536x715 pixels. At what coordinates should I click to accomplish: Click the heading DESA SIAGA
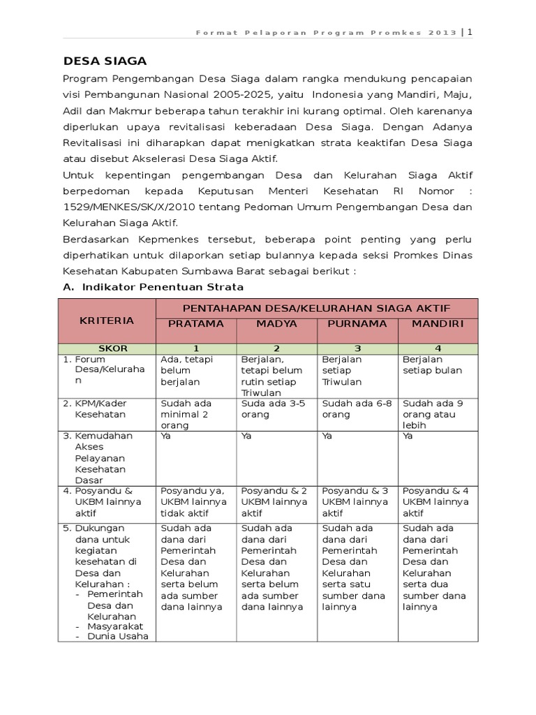[x=105, y=61]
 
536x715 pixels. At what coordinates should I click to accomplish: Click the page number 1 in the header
[x=470, y=32]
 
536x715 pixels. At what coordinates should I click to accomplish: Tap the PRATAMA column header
[x=195, y=324]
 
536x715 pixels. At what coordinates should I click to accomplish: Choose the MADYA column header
[x=276, y=324]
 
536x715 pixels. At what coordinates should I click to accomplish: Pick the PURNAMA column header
[x=357, y=324]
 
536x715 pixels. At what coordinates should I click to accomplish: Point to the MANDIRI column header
[x=438, y=324]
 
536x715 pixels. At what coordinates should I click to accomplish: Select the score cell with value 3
[x=357, y=348]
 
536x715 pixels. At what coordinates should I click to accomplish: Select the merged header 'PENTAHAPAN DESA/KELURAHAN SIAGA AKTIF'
[x=316, y=308]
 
